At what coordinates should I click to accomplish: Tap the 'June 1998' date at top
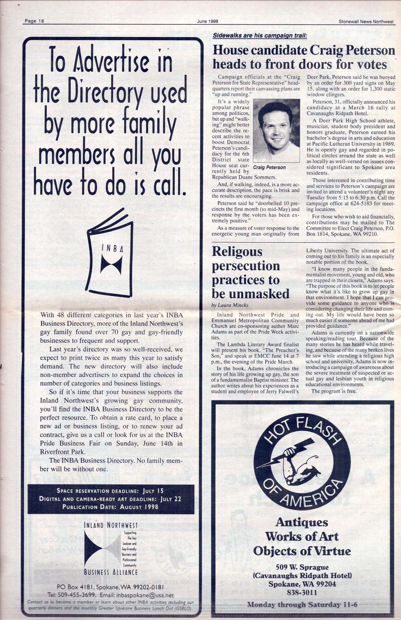207,22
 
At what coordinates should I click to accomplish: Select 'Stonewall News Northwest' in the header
366,22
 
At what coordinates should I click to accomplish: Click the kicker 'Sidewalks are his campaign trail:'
260,36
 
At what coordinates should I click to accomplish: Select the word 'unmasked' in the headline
250,294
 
